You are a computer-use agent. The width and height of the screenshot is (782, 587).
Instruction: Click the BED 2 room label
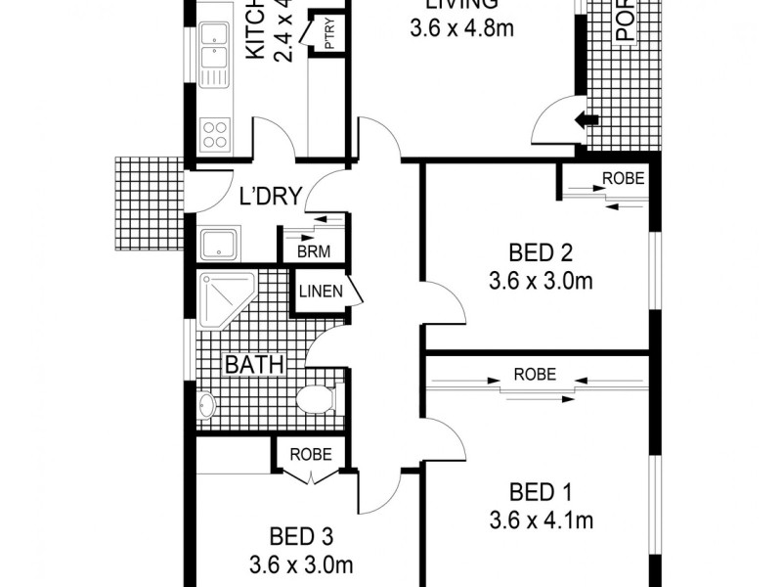coord(541,249)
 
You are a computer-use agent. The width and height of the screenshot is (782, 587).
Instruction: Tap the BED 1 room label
coord(541,490)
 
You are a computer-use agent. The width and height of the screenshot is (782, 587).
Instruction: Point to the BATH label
coord(254,365)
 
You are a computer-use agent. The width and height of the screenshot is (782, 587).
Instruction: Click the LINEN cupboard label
coord(321,292)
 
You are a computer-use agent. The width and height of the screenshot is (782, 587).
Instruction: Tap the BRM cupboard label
coord(313,251)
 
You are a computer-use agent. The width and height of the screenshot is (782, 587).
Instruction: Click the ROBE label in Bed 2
coord(623,179)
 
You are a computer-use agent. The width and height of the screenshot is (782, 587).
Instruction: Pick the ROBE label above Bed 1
coord(535,374)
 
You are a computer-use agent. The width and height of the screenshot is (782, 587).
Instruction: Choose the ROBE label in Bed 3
coord(311,455)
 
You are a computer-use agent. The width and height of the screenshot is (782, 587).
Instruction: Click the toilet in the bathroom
coord(316,399)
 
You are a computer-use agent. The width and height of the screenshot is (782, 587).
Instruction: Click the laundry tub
coord(219,244)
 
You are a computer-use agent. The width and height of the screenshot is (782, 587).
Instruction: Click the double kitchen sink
coord(212,55)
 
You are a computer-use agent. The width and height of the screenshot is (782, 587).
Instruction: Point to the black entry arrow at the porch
coord(586,120)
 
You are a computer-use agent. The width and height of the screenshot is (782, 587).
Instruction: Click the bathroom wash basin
coord(206,404)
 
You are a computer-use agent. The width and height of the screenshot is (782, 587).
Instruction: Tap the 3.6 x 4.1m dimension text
coord(541,519)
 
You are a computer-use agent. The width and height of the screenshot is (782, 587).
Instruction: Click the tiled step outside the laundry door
coord(148,203)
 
